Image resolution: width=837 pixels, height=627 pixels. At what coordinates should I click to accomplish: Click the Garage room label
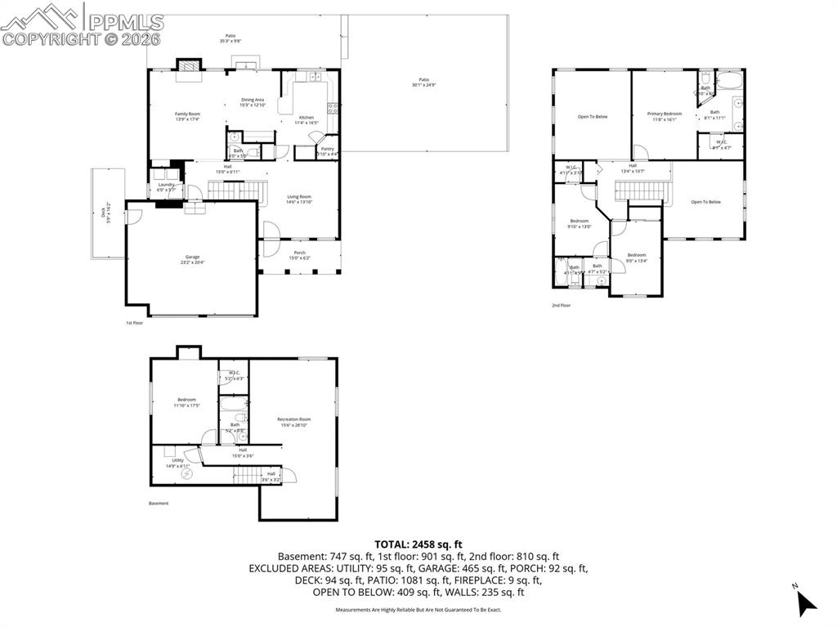pos(192,259)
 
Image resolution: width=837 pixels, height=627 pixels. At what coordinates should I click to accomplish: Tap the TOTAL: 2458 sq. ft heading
pos(418,544)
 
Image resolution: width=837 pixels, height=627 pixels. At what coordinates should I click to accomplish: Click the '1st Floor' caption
pos(135,323)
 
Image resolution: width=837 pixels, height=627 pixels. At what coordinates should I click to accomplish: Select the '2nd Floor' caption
pos(561,305)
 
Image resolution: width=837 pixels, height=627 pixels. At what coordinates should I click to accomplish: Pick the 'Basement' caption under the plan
pos(159,503)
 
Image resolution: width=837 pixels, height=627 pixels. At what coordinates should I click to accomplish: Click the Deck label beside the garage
pos(103,213)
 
